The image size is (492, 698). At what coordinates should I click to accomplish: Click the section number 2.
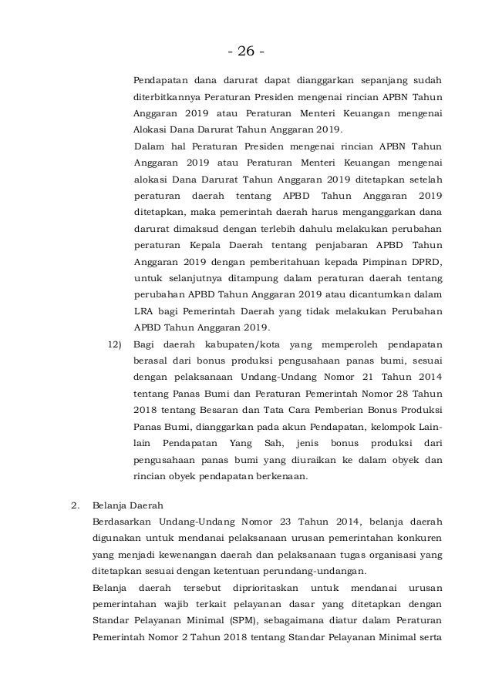[74, 506]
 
